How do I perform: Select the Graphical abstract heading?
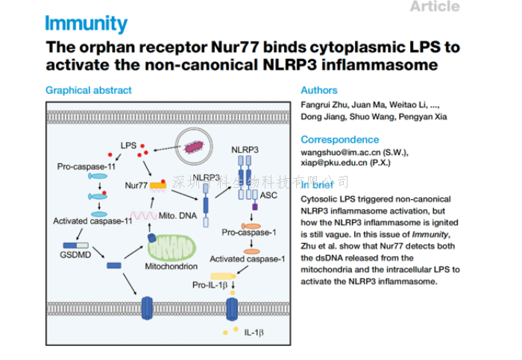[88, 90]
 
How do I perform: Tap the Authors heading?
[319, 90]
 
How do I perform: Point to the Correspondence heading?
[339, 139]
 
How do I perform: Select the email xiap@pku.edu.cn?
[333, 164]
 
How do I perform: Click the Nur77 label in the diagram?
[135, 184]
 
